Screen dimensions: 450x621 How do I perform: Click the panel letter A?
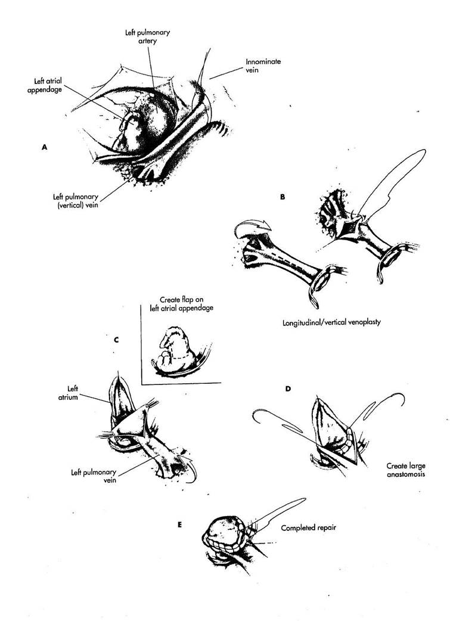(x=44, y=147)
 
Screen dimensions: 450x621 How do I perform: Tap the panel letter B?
(x=282, y=195)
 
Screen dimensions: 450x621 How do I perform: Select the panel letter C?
(x=116, y=340)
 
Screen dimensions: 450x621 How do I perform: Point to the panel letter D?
(x=288, y=389)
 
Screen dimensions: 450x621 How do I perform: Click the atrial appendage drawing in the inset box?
(x=176, y=353)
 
